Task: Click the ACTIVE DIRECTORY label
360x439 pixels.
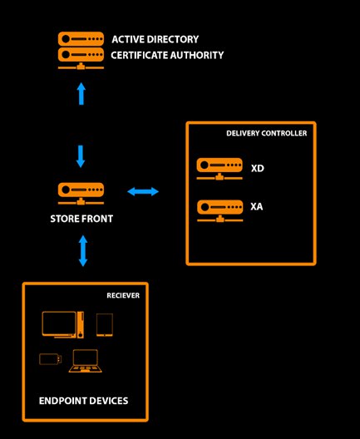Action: click(155, 39)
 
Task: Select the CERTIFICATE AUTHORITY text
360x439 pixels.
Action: click(167, 55)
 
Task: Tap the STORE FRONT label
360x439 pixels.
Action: click(81, 219)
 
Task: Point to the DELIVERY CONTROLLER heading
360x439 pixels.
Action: click(267, 133)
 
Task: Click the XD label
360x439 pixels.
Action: click(257, 168)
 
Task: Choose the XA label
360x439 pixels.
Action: click(257, 207)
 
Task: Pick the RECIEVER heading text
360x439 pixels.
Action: click(123, 295)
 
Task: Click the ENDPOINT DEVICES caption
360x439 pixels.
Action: click(83, 401)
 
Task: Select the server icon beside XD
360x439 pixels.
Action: click(219, 169)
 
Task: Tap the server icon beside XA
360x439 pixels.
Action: click(220, 211)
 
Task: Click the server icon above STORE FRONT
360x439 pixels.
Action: click(81, 194)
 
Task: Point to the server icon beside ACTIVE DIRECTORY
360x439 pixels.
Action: click(81, 39)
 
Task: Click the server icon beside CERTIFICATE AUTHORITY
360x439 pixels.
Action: click(81, 58)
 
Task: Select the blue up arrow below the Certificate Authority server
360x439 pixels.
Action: click(81, 93)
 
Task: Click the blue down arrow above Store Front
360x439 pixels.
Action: click(81, 156)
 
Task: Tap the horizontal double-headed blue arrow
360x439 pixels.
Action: click(143, 191)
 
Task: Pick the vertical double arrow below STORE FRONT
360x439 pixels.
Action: click(83, 250)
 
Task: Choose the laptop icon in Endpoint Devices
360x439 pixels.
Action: click(86, 361)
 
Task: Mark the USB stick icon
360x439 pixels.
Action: click(51, 359)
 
